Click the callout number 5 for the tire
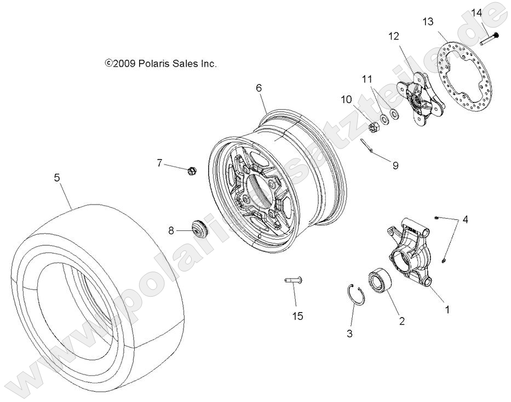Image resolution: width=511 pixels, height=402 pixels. pyautogui.click(x=56, y=177)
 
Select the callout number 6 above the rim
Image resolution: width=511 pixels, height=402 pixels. pyautogui.click(x=259, y=88)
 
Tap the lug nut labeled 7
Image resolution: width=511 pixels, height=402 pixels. pyautogui.click(x=191, y=171)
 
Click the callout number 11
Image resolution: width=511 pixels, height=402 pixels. pyautogui.click(x=366, y=80)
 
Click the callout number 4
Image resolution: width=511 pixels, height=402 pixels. pyautogui.click(x=465, y=220)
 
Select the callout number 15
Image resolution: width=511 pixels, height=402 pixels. pyautogui.click(x=297, y=316)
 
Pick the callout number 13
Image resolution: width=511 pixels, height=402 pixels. pyautogui.click(x=428, y=22)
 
